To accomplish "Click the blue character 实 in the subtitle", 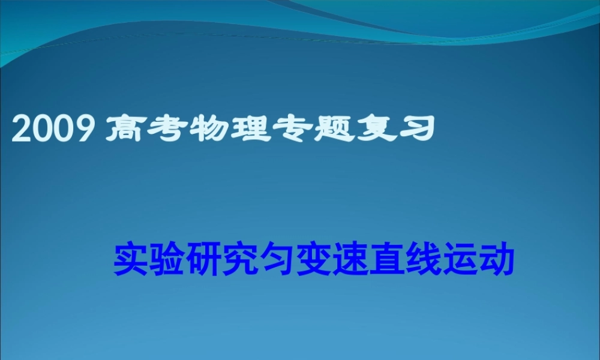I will (130, 259).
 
